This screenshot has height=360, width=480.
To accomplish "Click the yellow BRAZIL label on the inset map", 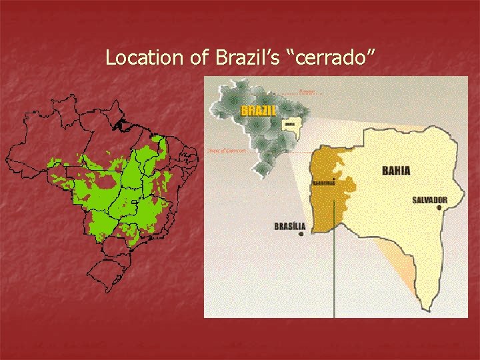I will (258, 111).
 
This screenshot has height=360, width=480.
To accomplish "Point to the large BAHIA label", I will (396, 171).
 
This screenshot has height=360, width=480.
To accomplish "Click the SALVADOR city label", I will (429, 199).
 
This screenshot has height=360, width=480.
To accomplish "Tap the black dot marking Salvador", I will (439, 208).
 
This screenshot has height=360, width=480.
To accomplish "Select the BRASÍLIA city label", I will (289, 226).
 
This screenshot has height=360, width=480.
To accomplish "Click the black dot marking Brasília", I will (303, 234).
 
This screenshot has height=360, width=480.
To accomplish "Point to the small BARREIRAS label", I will (323, 183).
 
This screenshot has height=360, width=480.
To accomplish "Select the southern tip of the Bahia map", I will (425, 309).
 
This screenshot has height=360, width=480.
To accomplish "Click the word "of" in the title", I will (199, 58).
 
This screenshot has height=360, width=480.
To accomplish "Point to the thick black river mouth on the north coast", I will (122, 124).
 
